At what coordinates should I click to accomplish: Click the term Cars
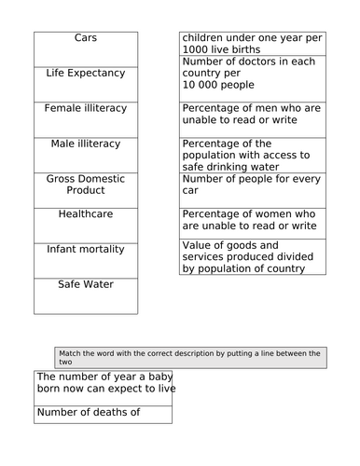tap(86, 38)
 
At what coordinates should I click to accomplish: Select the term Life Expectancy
tap(86, 73)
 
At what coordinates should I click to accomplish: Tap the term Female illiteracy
tap(86, 108)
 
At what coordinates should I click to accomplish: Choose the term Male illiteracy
tap(86, 144)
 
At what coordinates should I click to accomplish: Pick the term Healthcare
tap(86, 213)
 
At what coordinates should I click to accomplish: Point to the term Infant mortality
tap(86, 249)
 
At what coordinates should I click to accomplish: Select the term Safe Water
tap(86, 284)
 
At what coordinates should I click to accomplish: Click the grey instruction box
tap(190, 357)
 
